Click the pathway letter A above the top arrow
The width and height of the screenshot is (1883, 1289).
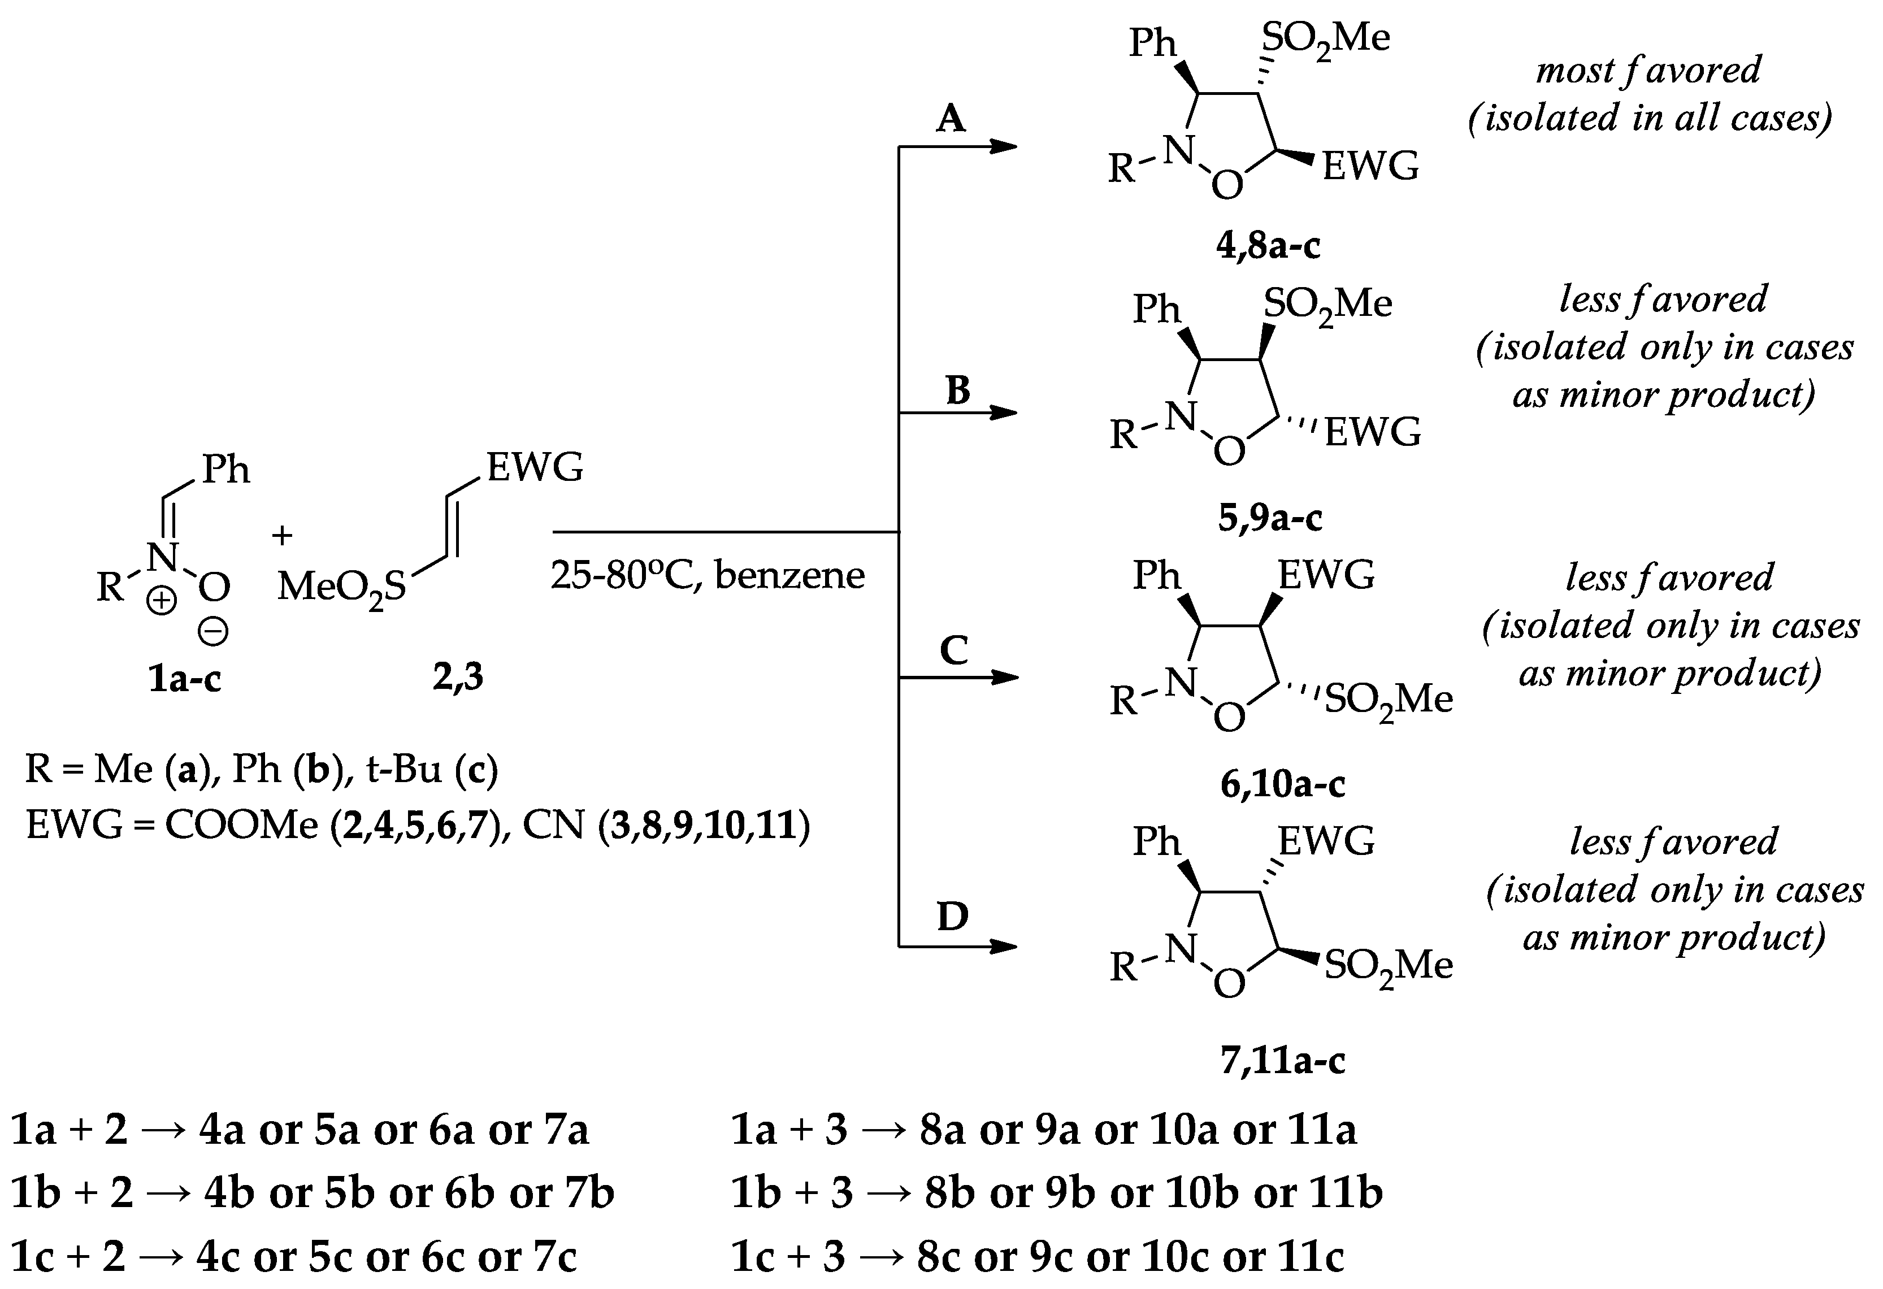click(951, 119)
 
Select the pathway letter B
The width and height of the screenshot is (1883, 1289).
click(958, 390)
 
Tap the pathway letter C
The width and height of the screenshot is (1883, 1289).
click(954, 650)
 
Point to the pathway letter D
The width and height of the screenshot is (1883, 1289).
click(952, 917)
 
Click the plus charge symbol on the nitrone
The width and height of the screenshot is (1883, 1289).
click(161, 600)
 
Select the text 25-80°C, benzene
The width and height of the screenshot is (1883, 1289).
click(708, 576)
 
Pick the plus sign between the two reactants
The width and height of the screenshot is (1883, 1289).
click(282, 536)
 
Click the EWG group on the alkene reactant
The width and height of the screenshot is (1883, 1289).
click(535, 467)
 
